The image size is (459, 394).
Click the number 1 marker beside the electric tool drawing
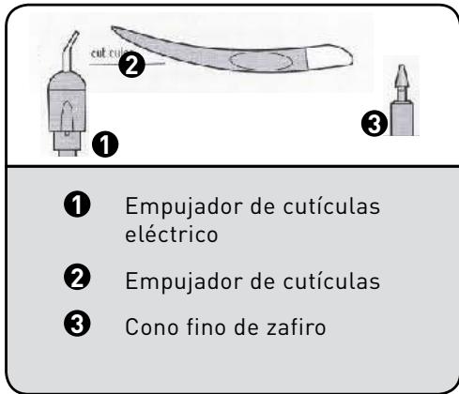pyautogui.click(x=107, y=144)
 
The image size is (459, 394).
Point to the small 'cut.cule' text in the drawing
pyautogui.click(x=106, y=55)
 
